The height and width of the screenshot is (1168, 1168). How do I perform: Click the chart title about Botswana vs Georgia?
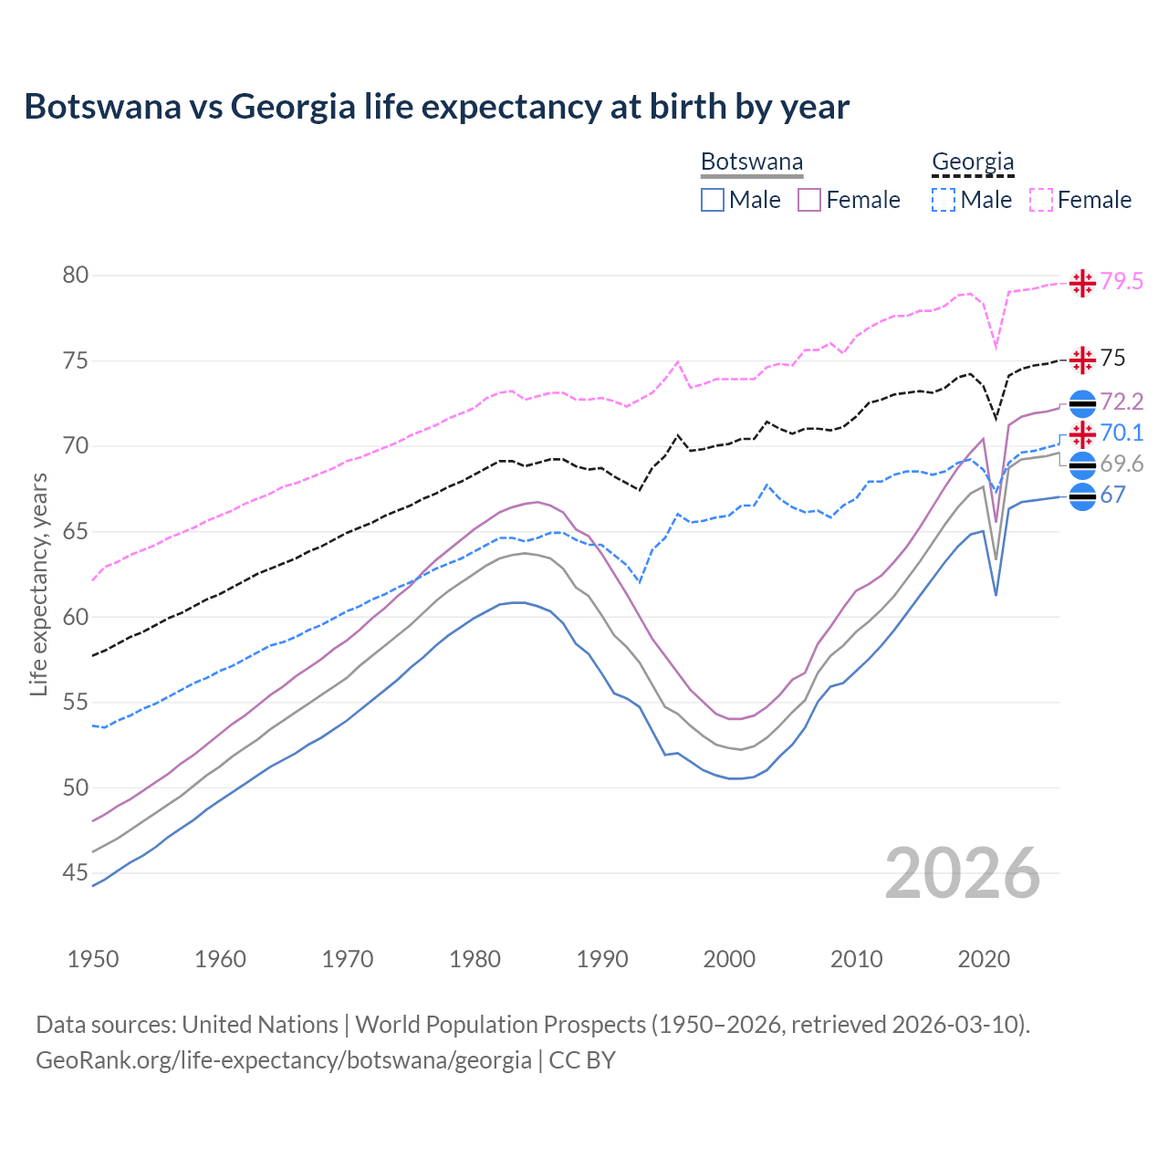[x=436, y=107]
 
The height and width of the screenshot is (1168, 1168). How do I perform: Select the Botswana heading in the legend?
[x=751, y=162]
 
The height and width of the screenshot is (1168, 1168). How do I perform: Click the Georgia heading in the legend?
[x=972, y=162]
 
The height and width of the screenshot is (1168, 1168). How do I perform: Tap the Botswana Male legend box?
[x=713, y=200]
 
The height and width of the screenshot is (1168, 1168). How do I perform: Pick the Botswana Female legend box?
[x=809, y=200]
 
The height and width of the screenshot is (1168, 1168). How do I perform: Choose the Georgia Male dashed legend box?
[x=944, y=200]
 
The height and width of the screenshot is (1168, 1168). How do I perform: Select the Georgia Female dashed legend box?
[x=1041, y=200]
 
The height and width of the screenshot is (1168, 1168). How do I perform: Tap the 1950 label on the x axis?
[x=93, y=959]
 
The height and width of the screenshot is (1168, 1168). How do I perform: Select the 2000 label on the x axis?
[x=729, y=959]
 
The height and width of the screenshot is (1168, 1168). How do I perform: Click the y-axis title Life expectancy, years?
[x=38, y=584]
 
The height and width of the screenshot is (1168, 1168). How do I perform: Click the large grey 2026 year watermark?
[x=962, y=873]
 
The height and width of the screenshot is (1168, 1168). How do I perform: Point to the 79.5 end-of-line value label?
[x=1121, y=281]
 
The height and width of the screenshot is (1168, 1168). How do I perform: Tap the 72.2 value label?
[x=1121, y=402]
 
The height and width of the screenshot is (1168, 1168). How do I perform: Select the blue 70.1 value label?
[x=1121, y=433]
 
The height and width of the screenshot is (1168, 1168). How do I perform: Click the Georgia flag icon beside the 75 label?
[x=1082, y=360]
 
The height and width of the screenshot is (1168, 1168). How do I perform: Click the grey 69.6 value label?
[x=1121, y=464]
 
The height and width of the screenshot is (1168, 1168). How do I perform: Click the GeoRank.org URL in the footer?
[x=283, y=1060]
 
